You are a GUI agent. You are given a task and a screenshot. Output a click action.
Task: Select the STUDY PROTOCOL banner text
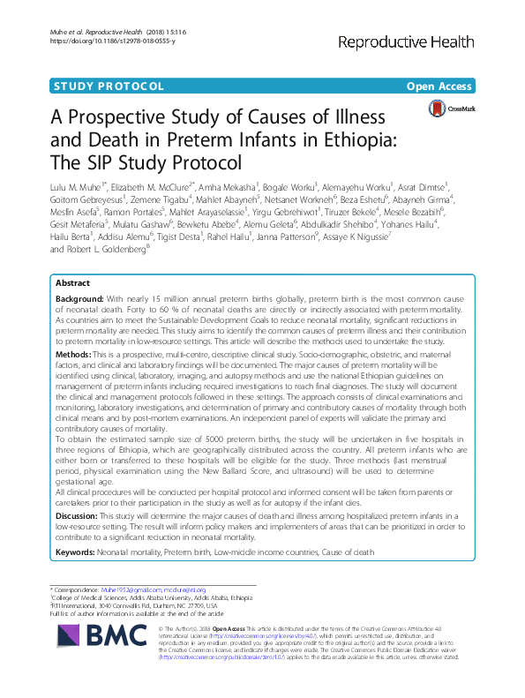(109, 86)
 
